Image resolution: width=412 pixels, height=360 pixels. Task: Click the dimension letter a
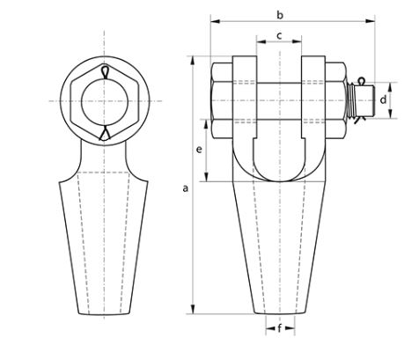(x=185, y=188)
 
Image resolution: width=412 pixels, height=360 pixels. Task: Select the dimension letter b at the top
(x=280, y=15)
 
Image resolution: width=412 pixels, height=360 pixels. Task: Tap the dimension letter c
(x=279, y=36)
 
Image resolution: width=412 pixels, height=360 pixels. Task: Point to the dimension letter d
(x=383, y=100)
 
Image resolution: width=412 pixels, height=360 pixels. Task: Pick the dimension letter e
(x=199, y=150)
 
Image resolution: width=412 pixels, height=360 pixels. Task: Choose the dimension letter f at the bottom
(x=280, y=328)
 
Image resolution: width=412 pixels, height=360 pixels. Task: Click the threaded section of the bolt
(x=351, y=100)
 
